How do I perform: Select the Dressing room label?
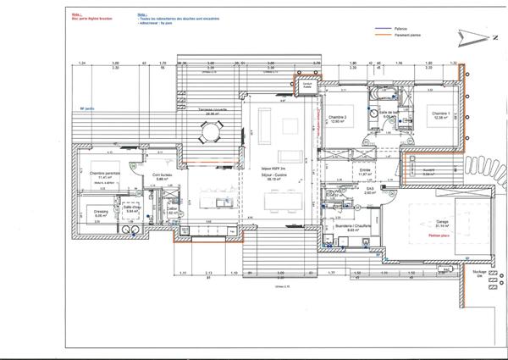pyautogui.click(x=101, y=212)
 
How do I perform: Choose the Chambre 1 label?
pyautogui.click(x=438, y=113)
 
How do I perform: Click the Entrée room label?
pyautogui.click(x=365, y=169)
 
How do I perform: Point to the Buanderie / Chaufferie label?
pyautogui.click(x=354, y=226)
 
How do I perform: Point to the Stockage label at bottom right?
pyautogui.click(x=478, y=272)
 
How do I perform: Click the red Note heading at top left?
pyautogui.click(x=80, y=14)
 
